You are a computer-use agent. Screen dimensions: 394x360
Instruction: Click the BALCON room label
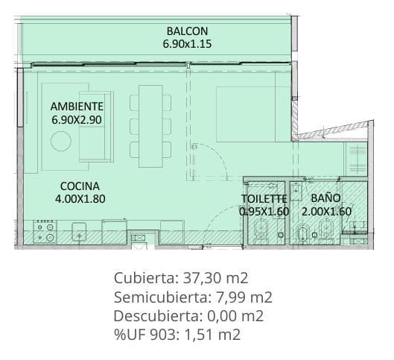(187, 31)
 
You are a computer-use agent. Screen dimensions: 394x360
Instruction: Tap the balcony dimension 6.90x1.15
(187, 44)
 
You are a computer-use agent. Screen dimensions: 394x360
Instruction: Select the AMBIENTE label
(77, 107)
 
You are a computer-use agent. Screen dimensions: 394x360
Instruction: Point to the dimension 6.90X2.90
(77, 120)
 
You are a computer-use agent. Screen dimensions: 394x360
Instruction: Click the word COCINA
(80, 186)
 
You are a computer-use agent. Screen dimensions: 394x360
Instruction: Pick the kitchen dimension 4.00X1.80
(80, 199)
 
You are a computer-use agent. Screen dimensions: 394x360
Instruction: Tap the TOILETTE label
(264, 199)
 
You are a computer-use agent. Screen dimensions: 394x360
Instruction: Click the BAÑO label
(325, 198)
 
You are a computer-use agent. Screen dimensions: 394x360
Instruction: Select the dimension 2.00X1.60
(326, 212)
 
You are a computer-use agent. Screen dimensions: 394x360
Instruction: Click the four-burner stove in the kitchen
(45, 232)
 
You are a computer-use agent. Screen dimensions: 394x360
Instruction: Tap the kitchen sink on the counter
(79, 232)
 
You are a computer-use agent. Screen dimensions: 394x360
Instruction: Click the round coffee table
(61, 141)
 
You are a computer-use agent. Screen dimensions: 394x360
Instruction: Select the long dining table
(150, 126)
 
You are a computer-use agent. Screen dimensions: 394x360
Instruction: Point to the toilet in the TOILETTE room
(261, 231)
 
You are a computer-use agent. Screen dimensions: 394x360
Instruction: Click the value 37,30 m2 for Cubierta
(215, 278)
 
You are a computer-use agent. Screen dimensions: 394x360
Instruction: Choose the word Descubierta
(159, 316)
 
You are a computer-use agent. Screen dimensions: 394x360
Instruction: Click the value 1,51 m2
(212, 335)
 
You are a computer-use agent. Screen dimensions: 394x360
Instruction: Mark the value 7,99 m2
(244, 297)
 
